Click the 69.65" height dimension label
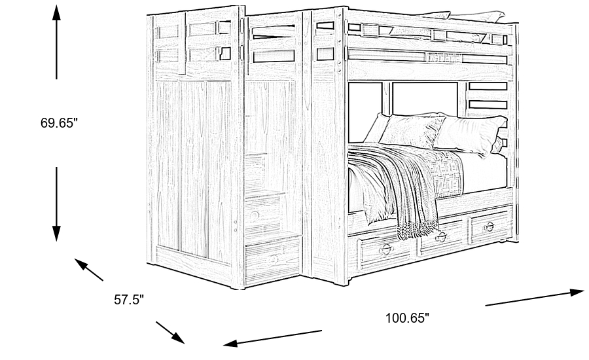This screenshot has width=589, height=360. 59,122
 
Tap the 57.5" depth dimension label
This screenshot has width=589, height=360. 129,300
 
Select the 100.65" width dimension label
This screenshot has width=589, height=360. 406,318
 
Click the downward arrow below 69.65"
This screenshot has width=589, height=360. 57,203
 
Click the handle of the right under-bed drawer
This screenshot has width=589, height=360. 488,226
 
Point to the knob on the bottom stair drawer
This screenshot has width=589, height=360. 272,258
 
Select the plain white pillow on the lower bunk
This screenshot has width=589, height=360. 468,134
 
